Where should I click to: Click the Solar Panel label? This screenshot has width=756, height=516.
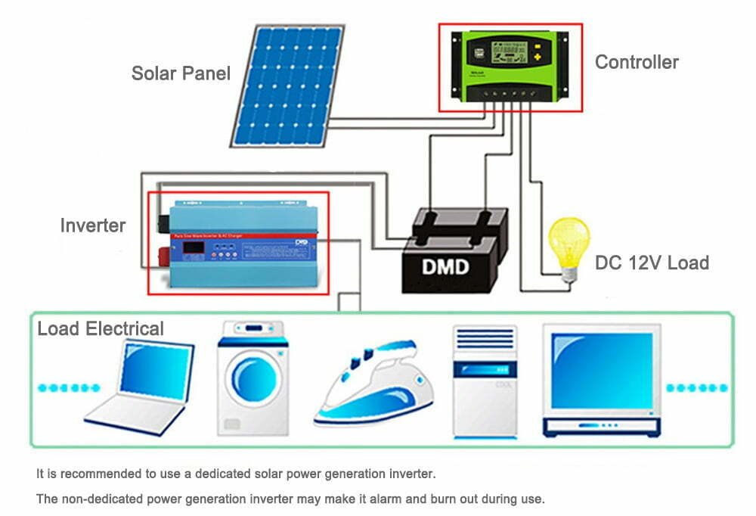181,73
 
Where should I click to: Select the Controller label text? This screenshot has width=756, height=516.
637,62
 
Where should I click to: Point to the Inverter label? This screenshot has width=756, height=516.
93,225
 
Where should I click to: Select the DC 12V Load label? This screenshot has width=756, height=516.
652,263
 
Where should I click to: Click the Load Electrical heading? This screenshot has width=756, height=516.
101,329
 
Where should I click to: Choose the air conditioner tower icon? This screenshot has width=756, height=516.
484,381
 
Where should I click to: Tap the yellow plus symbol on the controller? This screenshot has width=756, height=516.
538,54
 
